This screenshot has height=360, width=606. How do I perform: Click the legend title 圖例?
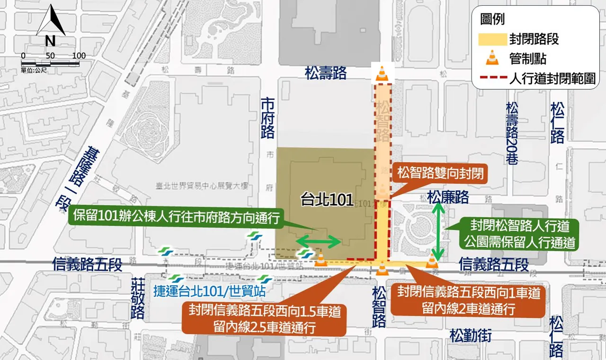pos(492,19)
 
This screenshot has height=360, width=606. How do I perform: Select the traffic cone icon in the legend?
pos(493,58)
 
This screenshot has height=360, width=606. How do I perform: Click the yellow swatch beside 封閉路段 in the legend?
pos(492,39)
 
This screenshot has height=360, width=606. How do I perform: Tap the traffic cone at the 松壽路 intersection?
pos(382,74)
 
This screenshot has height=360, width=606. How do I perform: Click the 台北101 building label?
pos(327,200)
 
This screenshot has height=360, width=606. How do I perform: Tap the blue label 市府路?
pos(268,118)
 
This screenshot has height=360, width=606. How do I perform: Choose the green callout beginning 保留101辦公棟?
pos(175,217)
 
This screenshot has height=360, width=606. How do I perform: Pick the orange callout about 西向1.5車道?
pos(265,319)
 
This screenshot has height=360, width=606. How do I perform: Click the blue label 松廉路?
pos(447,197)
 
